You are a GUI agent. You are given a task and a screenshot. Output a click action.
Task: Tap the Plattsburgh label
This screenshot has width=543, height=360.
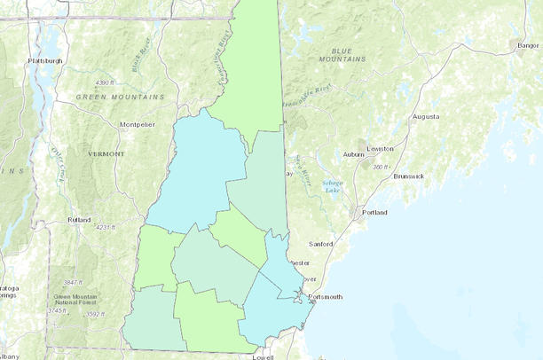pos(44,60)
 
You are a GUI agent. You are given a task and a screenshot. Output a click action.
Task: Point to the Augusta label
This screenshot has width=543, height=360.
pos(427,116)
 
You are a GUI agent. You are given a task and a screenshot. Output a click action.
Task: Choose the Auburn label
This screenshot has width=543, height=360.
pos(355,155)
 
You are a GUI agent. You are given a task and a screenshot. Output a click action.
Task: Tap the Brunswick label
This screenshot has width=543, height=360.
pos(408,176)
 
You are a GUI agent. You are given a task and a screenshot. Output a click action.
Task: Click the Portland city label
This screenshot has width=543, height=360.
pos(374,213)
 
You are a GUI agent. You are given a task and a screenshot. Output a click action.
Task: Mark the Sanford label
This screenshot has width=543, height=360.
pos(320,243)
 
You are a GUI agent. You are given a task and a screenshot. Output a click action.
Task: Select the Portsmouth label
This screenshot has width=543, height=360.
pos(325,297)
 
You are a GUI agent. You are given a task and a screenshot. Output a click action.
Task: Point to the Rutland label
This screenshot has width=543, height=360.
pos(79,220)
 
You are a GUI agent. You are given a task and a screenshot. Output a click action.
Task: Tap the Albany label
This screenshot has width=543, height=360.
pos(8,356)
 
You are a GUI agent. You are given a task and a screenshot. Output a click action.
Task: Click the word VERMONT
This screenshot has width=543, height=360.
pos(106,154)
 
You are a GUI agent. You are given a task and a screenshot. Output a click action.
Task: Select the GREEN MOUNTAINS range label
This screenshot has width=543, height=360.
pos(120,96)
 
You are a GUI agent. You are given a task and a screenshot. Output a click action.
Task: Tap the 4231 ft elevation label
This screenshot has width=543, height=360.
pos(106,228)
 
